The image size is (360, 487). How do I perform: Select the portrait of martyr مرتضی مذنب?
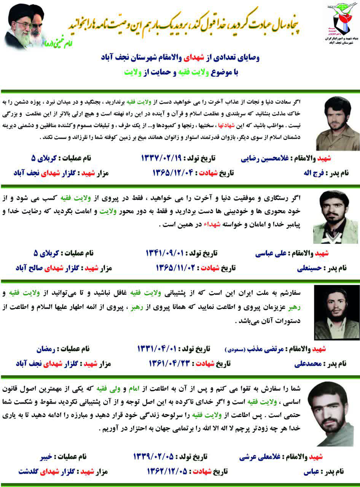(337, 312)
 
